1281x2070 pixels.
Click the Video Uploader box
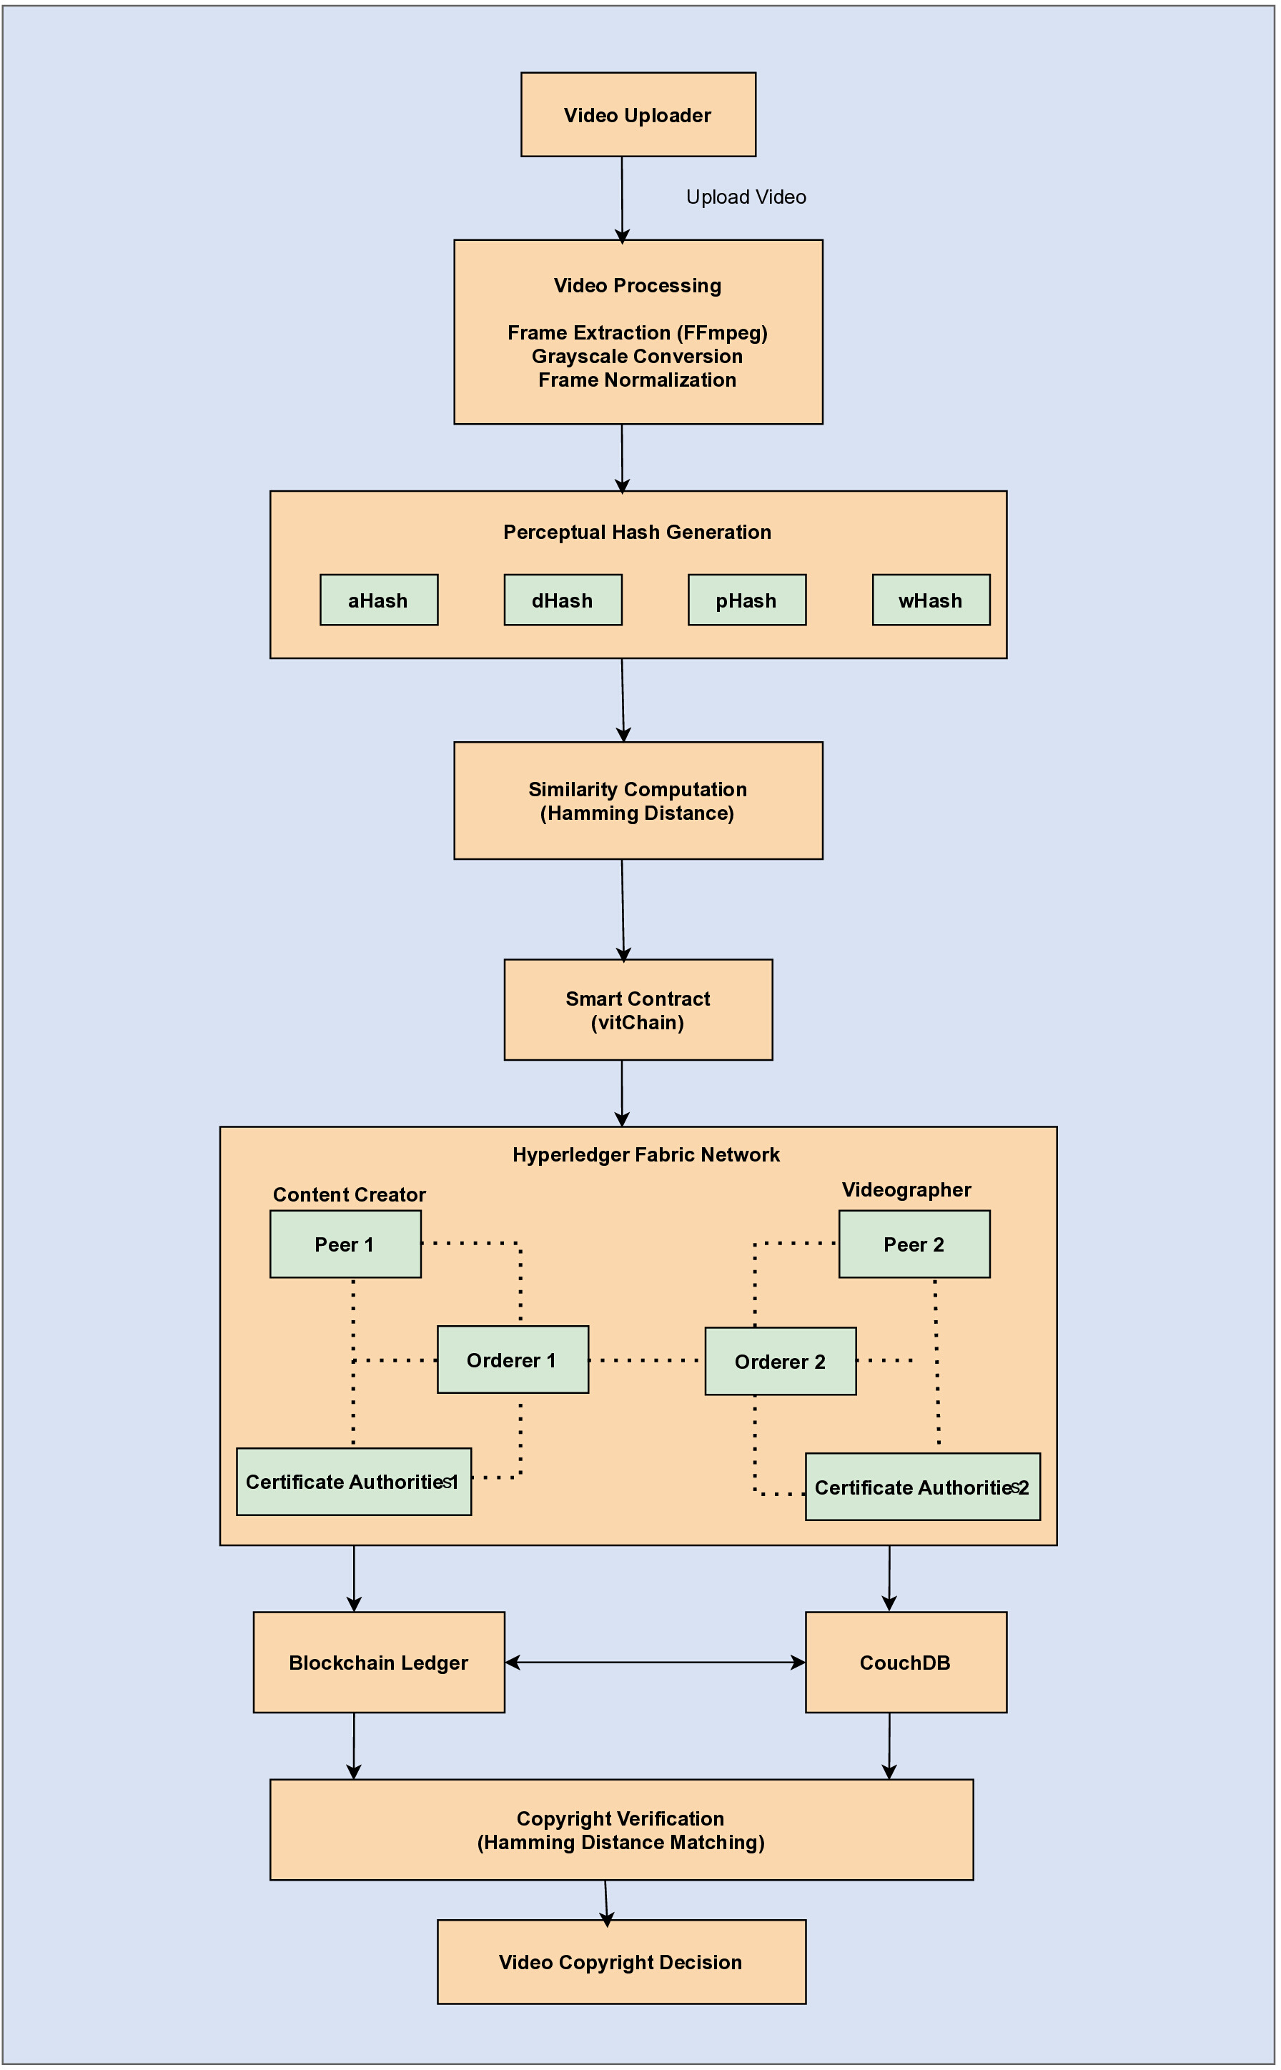pos(638,114)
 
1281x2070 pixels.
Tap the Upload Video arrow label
pos(746,197)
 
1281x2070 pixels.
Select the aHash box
pos(379,600)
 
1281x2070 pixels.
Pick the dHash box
pos(563,600)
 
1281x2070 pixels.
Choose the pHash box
pos(746,600)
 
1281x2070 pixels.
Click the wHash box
pos(931,600)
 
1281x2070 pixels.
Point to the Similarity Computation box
pos(638,801)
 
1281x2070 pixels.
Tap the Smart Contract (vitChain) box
pos(638,1009)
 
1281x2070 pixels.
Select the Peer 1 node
pos(345,1243)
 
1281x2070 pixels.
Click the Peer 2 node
pos(914,1243)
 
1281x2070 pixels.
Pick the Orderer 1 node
pos(513,1360)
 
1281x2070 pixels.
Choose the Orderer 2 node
pos(781,1361)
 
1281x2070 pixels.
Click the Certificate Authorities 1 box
pos(353,1481)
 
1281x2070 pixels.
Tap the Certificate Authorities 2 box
pos(923,1487)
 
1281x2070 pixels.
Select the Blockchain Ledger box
pos(379,1662)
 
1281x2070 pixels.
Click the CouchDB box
pos(906,1662)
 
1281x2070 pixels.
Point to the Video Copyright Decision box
pos(621,1961)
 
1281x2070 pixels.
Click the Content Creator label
pos(349,1194)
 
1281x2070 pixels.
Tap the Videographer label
pos(906,1189)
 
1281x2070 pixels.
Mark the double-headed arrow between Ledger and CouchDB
pos(655,1662)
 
